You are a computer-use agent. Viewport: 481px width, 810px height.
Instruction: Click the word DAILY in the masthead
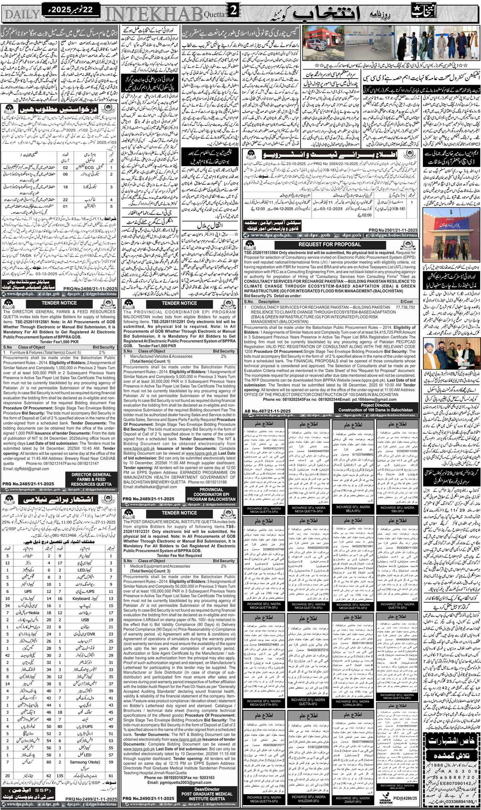pyautogui.click(x=21, y=14)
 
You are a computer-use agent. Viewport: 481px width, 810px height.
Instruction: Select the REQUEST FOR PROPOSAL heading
pyautogui.click(x=329, y=244)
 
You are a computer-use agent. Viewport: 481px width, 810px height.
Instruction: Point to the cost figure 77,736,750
pyautogui.click(x=405, y=307)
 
